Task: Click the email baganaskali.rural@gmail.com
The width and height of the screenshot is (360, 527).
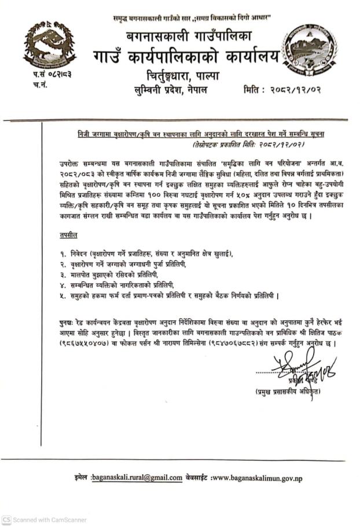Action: (138, 478)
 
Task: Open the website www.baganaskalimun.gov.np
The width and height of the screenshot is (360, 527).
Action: (257, 478)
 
